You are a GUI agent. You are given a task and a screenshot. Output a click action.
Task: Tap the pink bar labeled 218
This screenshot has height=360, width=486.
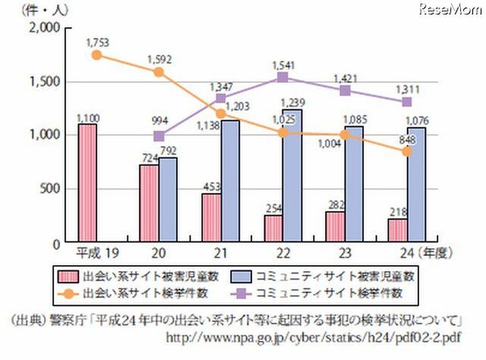click(x=397, y=230)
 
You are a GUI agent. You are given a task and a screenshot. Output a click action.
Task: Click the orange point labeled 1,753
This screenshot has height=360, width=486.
click(x=96, y=55)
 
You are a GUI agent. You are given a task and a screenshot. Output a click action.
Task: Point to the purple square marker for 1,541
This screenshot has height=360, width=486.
click(x=282, y=77)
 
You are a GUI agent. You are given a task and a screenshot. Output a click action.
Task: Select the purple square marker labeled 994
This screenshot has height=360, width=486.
click(x=159, y=136)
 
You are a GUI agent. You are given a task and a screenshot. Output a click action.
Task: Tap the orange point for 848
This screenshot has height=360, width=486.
click(x=406, y=151)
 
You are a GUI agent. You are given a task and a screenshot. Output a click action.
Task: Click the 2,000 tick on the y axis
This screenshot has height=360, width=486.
click(x=42, y=28)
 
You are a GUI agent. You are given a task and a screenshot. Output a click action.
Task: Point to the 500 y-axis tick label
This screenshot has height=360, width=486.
click(x=47, y=189)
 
